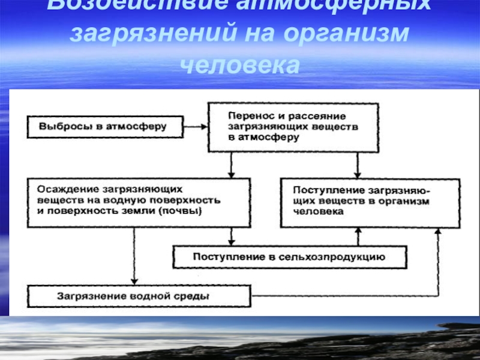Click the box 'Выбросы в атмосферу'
(103, 127)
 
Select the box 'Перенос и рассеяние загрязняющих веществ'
(293, 127)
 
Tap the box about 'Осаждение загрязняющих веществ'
(138, 202)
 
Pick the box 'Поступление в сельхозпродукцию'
(289, 257)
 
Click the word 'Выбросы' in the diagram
(59, 127)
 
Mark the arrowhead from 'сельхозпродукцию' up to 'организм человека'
(358, 230)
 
